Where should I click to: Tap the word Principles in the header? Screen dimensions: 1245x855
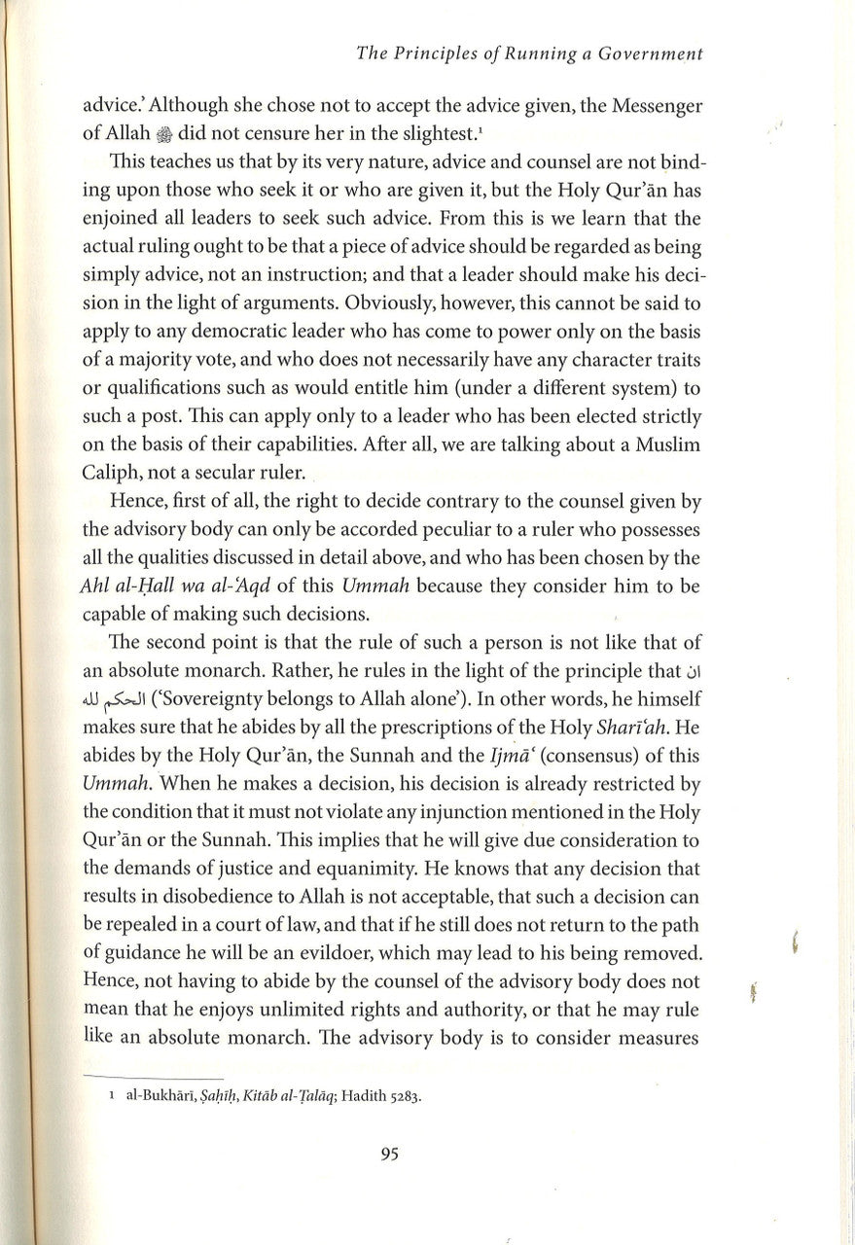pos(436,56)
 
